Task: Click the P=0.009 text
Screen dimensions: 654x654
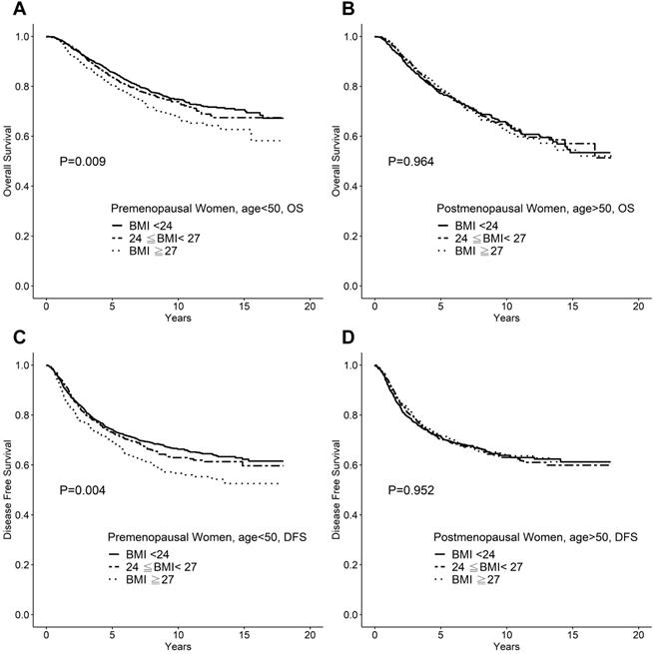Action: pyautogui.click(x=84, y=161)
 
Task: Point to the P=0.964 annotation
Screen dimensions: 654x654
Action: pyautogui.click(x=411, y=161)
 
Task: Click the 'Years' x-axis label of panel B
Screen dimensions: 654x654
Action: pyautogui.click(x=506, y=318)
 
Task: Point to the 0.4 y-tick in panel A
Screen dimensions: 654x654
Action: pyautogui.click(x=24, y=186)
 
